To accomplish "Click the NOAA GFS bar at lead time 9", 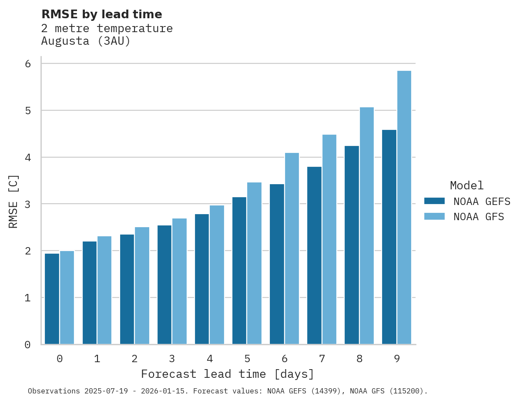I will (x=404, y=208).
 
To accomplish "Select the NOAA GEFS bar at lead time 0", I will (x=52, y=299).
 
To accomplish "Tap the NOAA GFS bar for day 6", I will (x=292, y=248).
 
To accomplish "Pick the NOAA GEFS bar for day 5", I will (x=239, y=271).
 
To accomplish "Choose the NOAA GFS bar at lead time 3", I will (x=180, y=281).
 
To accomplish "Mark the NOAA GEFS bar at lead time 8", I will (x=352, y=245).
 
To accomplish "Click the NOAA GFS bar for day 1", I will (x=104, y=290).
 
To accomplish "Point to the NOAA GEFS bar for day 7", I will (x=314, y=255).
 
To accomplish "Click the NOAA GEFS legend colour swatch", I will (x=434, y=201).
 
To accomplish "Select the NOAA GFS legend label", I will (x=479, y=216).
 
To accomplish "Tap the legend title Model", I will (x=466, y=185).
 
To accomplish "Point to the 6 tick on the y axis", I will (x=28, y=63).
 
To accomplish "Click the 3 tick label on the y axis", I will (x=28, y=204).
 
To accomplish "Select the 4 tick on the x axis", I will (x=210, y=359).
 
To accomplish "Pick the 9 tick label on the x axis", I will (x=397, y=359).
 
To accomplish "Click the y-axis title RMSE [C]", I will (x=14, y=201).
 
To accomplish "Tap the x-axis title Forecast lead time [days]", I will (x=227, y=374).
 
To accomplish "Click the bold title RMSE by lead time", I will (x=102, y=14).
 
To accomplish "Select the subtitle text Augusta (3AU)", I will (x=86, y=41).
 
